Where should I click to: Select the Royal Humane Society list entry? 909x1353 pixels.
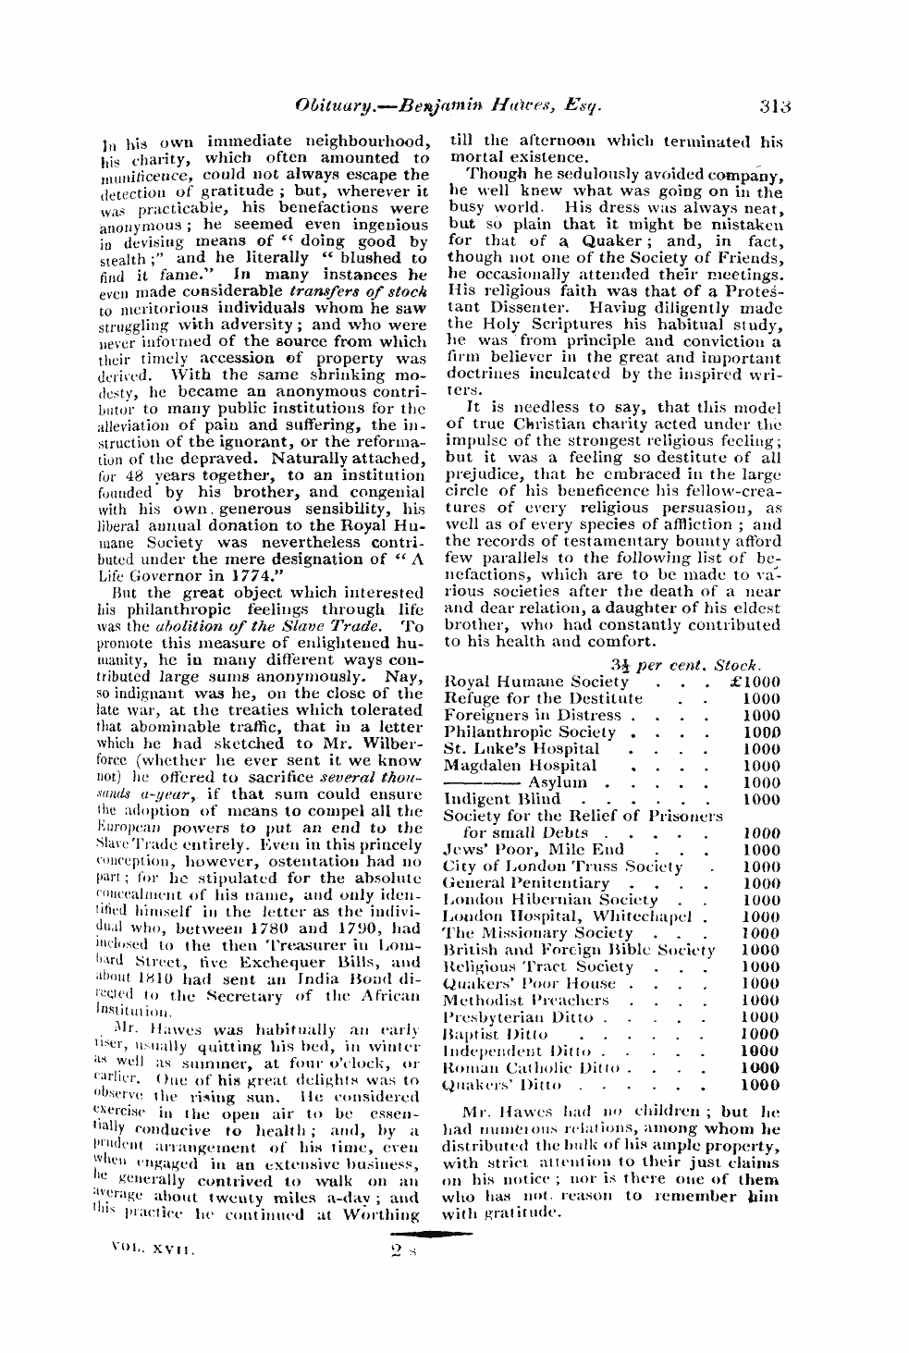(x=536, y=682)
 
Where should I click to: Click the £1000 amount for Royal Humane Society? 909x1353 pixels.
(x=755, y=682)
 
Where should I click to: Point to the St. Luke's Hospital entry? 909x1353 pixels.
(x=522, y=748)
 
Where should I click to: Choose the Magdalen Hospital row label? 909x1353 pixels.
(x=520, y=765)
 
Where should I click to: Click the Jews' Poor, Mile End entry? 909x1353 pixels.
(x=534, y=849)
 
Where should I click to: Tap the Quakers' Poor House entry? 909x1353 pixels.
(x=529, y=983)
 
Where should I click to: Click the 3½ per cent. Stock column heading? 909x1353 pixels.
(x=685, y=664)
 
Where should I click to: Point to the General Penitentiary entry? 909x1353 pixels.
(x=526, y=882)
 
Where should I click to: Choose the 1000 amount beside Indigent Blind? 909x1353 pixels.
(x=761, y=799)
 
